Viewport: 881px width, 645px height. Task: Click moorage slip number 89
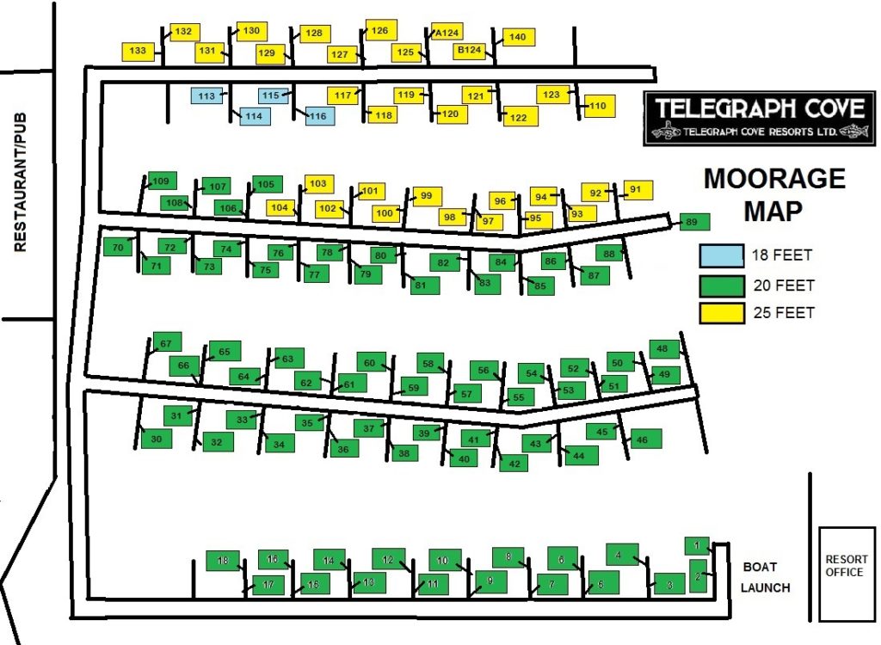tap(693, 223)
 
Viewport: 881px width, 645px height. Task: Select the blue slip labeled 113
tap(206, 96)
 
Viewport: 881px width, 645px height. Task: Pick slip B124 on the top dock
tap(470, 51)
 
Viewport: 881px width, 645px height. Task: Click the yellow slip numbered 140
tap(517, 37)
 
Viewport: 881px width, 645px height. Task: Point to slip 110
tap(599, 107)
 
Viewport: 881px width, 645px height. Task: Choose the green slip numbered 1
tap(698, 545)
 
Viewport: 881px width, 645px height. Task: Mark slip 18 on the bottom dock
tap(223, 562)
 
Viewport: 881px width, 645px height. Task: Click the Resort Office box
tap(846, 573)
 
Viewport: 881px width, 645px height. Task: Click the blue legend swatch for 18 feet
tap(720, 255)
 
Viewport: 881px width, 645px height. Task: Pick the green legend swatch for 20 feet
tap(720, 285)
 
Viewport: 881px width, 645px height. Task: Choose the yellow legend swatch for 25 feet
tap(720, 313)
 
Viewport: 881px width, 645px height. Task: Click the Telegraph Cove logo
tap(759, 118)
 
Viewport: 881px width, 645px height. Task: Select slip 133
tap(139, 52)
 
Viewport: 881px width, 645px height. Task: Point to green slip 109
tap(161, 181)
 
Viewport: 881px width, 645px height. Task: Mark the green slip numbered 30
tap(156, 439)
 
